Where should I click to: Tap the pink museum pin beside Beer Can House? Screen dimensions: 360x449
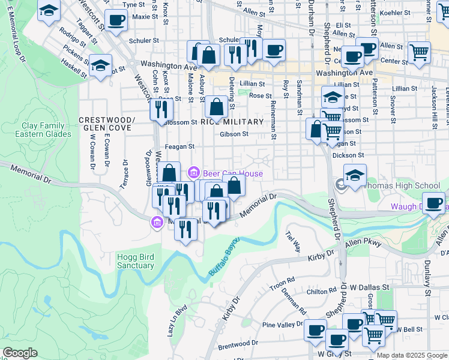194,174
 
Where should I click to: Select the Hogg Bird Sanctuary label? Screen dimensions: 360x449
136,261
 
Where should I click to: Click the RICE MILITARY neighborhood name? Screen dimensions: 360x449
232,122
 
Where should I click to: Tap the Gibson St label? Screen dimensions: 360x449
234,134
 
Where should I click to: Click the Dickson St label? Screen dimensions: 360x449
344,155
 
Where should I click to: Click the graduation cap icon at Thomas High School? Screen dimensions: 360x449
355,175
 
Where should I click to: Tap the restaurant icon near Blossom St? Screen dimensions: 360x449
161,108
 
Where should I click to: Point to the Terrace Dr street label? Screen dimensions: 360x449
124,174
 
